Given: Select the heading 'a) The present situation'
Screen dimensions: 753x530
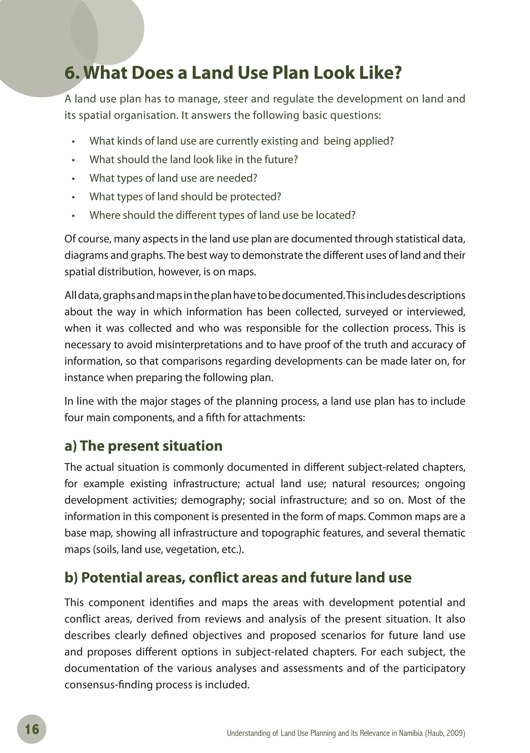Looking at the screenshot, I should pos(143,446).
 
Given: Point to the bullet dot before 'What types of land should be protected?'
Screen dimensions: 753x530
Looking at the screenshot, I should pos(73,197).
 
